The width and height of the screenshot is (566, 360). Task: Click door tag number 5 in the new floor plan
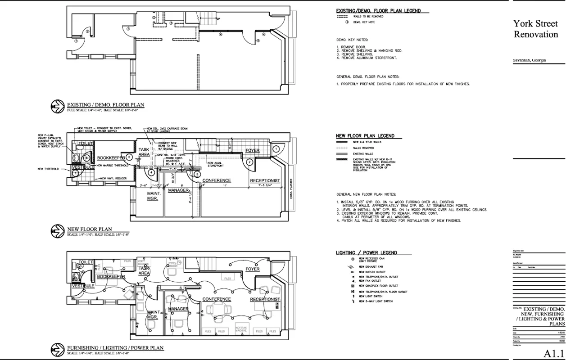129,157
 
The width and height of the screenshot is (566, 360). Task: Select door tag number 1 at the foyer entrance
276,149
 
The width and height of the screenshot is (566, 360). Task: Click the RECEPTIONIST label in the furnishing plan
265,299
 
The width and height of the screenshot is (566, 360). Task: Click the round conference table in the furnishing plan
217,310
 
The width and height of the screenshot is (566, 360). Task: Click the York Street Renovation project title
536,29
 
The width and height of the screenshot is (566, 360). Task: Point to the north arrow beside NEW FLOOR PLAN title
56,231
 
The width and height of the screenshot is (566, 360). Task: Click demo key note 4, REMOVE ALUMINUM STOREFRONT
367,58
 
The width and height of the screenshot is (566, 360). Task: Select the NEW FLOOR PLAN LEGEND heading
365,136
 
